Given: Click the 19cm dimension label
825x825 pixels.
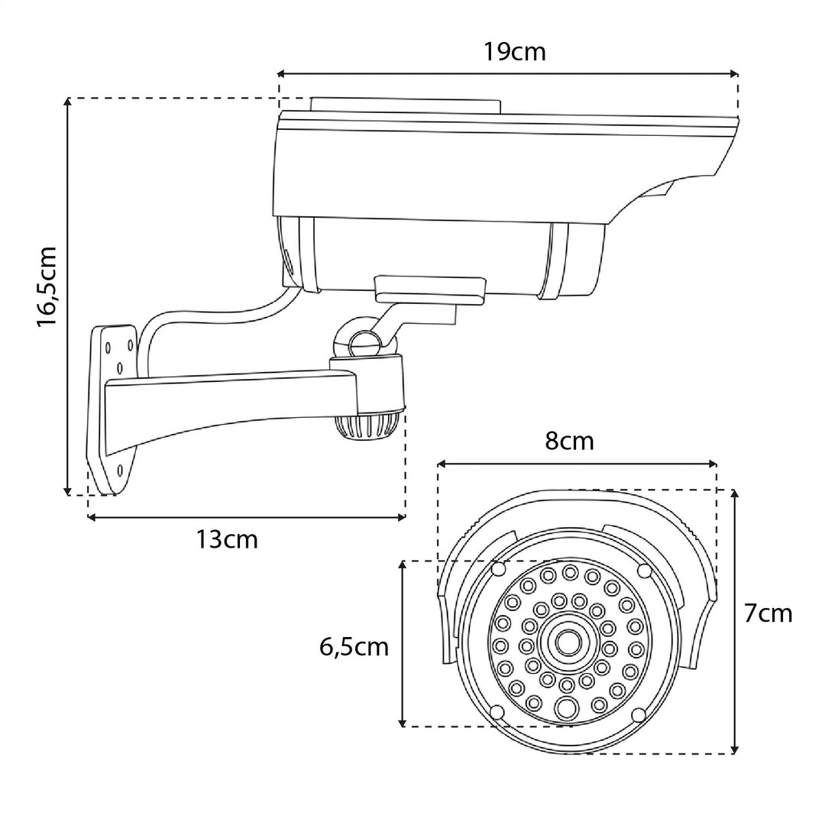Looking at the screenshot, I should coord(514,52).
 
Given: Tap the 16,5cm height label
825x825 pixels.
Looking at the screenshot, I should coord(47,286).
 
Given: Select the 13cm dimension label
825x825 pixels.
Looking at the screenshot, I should coord(227,539).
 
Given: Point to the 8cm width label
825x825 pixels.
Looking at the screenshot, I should coord(569,442).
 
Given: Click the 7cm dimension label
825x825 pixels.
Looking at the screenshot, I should coord(768,613).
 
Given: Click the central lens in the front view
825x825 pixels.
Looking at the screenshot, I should coord(567,642).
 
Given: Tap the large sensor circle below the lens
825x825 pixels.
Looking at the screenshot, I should coord(565,708).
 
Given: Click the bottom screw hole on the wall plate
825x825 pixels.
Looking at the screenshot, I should coord(120,469).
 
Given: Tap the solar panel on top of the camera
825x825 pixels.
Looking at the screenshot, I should coord(406,105).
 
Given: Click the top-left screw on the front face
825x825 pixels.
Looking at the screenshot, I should coord(498,569).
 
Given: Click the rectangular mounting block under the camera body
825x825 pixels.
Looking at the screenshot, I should coord(429,290).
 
